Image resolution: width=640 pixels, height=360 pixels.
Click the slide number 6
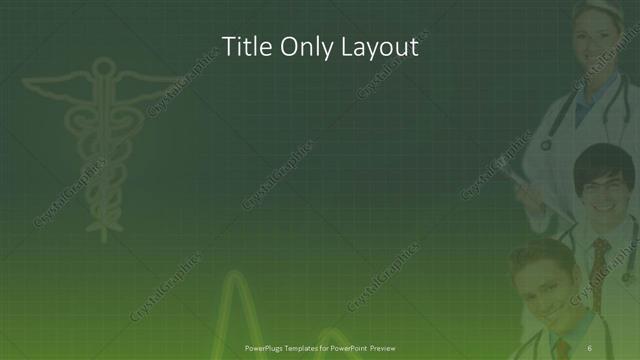click(x=589, y=346)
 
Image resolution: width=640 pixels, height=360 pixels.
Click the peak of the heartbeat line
click(x=237, y=275)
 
